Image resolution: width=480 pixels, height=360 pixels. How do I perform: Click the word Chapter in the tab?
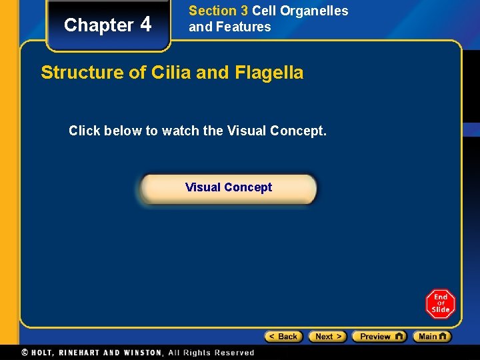99,25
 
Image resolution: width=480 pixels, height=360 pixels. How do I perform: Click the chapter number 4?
146,25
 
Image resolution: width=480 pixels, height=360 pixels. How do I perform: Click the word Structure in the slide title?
83,73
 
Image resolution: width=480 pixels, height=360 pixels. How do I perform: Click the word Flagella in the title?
269,73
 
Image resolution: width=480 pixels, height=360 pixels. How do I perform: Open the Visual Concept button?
229,187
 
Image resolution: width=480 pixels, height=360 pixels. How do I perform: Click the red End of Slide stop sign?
440,303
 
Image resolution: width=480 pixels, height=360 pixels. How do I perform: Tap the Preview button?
379,337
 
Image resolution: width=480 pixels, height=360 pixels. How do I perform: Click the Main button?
431,337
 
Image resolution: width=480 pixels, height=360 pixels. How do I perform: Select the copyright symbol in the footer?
25,353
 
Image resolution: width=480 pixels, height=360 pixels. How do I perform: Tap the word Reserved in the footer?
234,353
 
